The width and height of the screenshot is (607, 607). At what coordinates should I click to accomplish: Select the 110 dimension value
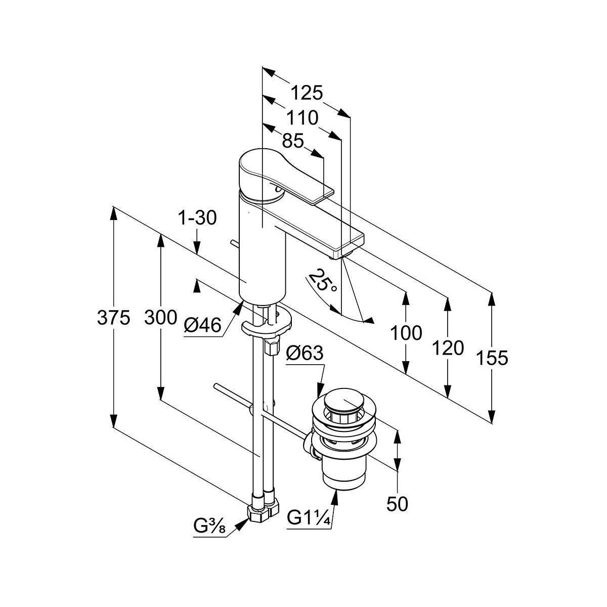point(302,118)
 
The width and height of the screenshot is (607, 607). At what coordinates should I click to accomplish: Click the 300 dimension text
point(160,318)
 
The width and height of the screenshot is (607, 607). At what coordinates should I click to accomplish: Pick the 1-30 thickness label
point(197,218)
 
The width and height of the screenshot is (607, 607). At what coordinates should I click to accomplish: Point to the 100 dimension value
point(406,333)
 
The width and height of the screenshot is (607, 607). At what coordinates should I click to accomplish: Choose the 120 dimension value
point(448,348)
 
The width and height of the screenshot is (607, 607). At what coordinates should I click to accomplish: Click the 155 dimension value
point(491,358)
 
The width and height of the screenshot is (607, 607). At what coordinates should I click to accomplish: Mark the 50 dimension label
point(397,504)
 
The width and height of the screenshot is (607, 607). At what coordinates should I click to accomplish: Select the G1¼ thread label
point(309,518)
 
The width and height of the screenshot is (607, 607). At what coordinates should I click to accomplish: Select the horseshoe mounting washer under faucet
point(267,326)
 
